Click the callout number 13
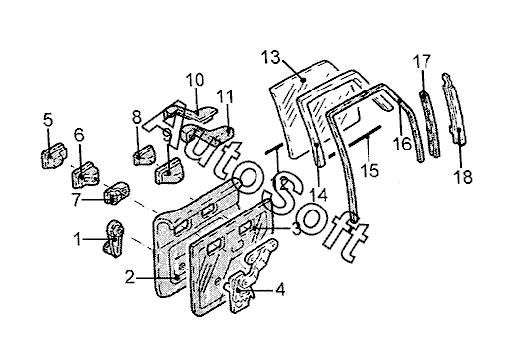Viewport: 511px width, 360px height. [x=271, y=58]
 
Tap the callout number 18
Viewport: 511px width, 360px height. [x=463, y=177]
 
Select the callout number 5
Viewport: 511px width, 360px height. [x=48, y=120]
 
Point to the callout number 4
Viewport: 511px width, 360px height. [x=280, y=290]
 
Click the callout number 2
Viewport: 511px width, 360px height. [x=130, y=278]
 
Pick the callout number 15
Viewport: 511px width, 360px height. [x=369, y=170]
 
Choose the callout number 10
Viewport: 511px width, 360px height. [x=196, y=80]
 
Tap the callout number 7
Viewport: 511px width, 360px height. [x=77, y=200]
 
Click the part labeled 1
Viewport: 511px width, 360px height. [x=114, y=239]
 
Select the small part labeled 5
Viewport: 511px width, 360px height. [x=53, y=155]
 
